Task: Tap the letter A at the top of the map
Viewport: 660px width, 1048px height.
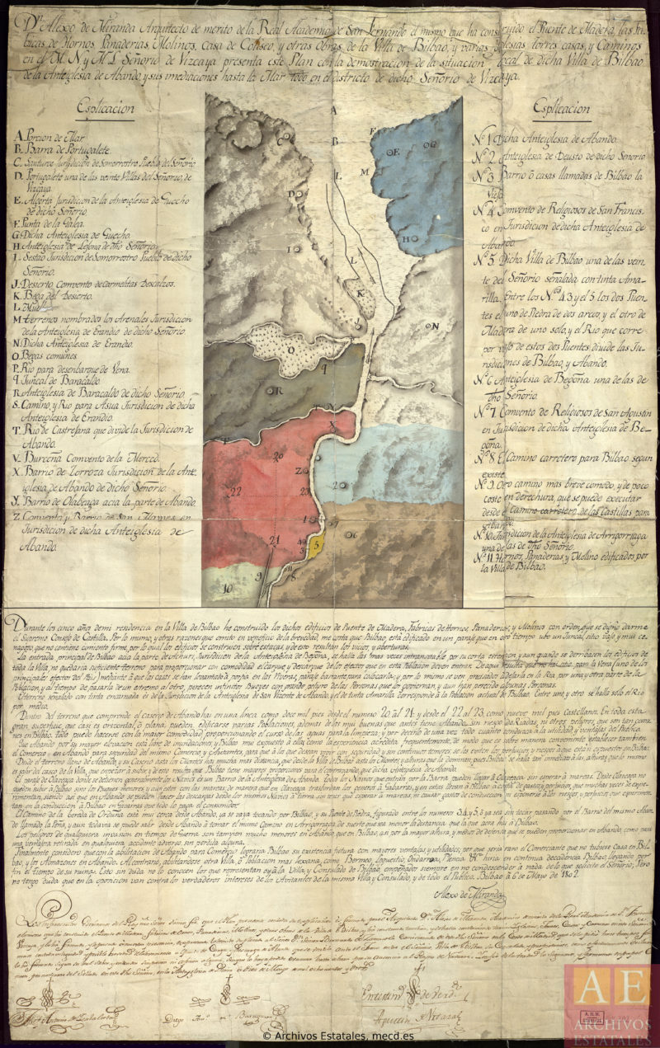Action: click(333, 109)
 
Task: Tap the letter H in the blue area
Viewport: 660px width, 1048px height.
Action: click(405, 240)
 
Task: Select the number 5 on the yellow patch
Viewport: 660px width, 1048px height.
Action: click(316, 544)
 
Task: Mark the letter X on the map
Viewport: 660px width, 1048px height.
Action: click(332, 425)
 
